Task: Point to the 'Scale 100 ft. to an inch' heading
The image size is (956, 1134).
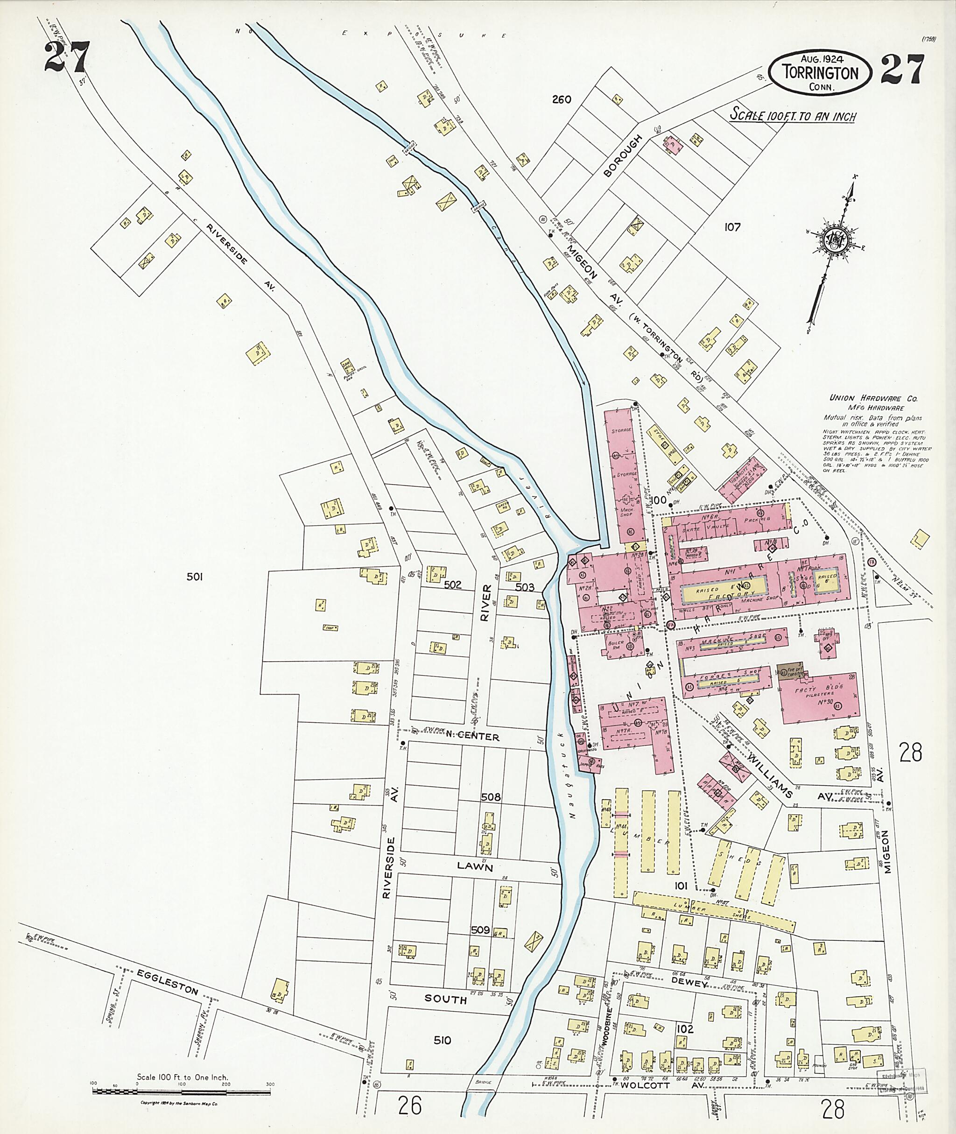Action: click(x=792, y=115)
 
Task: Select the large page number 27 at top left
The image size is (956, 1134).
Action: click(x=66, y=57)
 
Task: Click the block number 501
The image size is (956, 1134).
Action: click(x=195, y=577)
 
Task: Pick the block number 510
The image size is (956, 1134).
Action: click(x=442, y=1040)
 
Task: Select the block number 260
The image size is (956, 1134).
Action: click(x=562, y=99)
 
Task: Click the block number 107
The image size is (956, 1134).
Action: click(x=732, y=227)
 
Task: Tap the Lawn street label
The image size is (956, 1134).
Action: click(x=475, y=867)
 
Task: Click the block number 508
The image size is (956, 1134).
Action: click(x=491, y=797)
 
